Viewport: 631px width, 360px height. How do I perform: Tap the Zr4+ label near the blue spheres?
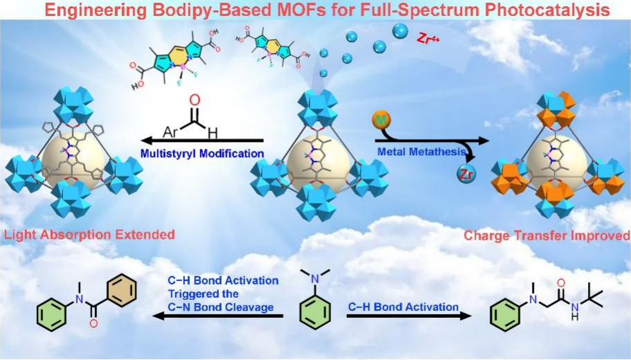[427, 39]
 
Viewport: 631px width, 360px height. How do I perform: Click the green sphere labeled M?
[380, 120]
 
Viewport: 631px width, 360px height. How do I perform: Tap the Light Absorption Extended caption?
[88, 235]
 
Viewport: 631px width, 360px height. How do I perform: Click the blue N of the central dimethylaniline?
[316, 278]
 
